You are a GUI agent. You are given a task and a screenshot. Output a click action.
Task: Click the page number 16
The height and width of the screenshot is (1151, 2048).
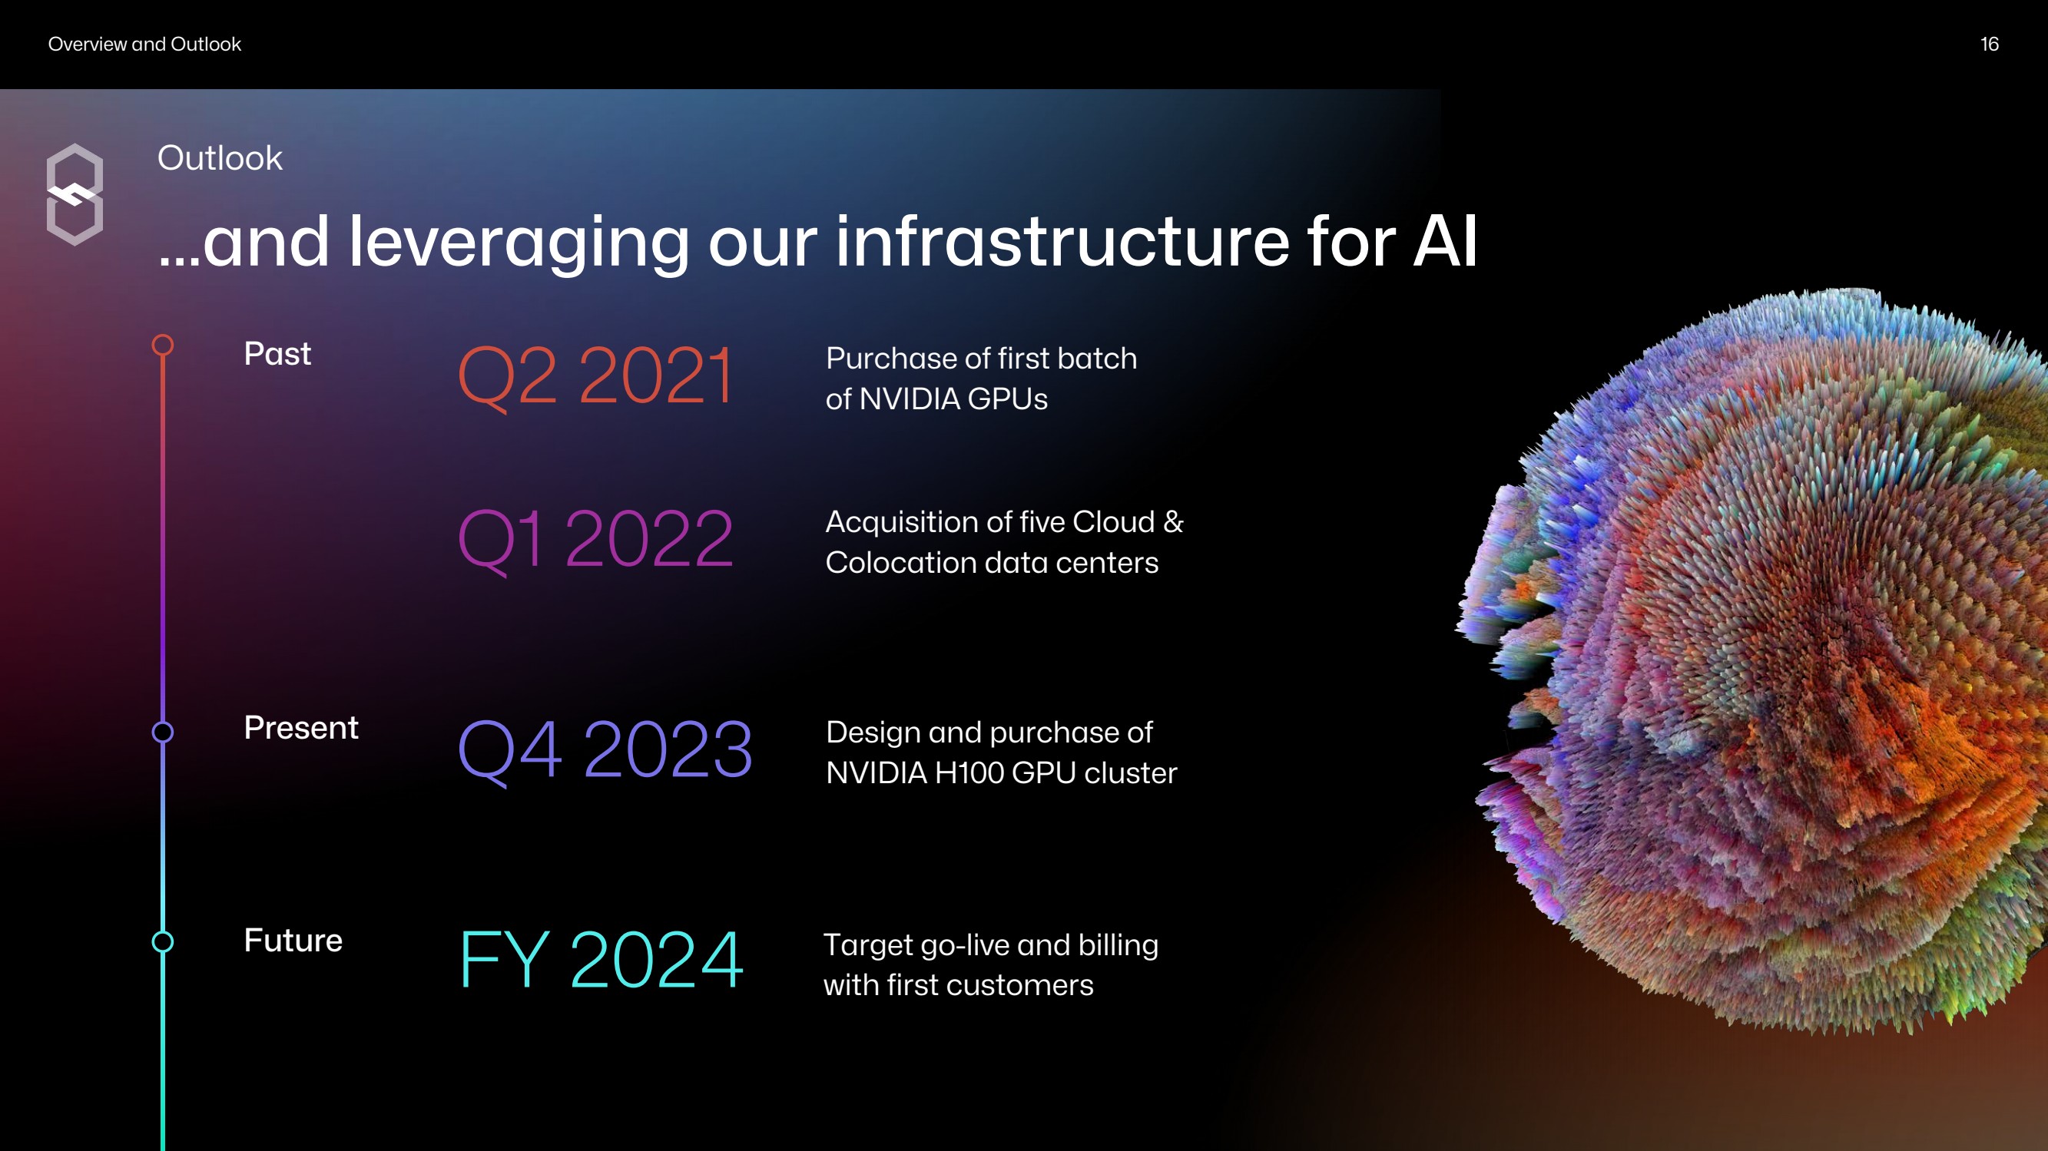1989,45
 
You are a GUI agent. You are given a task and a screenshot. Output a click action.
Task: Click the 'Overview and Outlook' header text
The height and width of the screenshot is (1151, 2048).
144,45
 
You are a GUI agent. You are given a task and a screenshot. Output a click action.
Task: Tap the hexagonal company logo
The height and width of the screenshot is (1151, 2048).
75,195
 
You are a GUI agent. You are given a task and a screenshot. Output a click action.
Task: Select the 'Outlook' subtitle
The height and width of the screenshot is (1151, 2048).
220,158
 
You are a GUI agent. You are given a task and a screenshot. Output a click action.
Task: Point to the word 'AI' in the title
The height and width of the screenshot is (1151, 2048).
1446,242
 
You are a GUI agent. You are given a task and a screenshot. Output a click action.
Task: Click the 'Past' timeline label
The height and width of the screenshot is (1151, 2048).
277,354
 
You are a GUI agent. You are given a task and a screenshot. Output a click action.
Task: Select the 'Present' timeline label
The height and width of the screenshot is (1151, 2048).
301,728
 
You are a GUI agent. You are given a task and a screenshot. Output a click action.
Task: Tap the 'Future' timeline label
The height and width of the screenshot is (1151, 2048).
293,941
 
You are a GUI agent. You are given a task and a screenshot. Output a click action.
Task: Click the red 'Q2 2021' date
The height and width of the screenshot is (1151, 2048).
595,377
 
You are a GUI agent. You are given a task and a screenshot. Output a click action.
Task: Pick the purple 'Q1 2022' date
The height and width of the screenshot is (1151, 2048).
595,541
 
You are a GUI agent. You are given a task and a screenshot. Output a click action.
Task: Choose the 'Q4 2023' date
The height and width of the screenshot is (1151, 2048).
605,750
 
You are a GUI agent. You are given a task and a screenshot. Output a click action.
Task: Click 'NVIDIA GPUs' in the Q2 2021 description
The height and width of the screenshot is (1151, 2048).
954,399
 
